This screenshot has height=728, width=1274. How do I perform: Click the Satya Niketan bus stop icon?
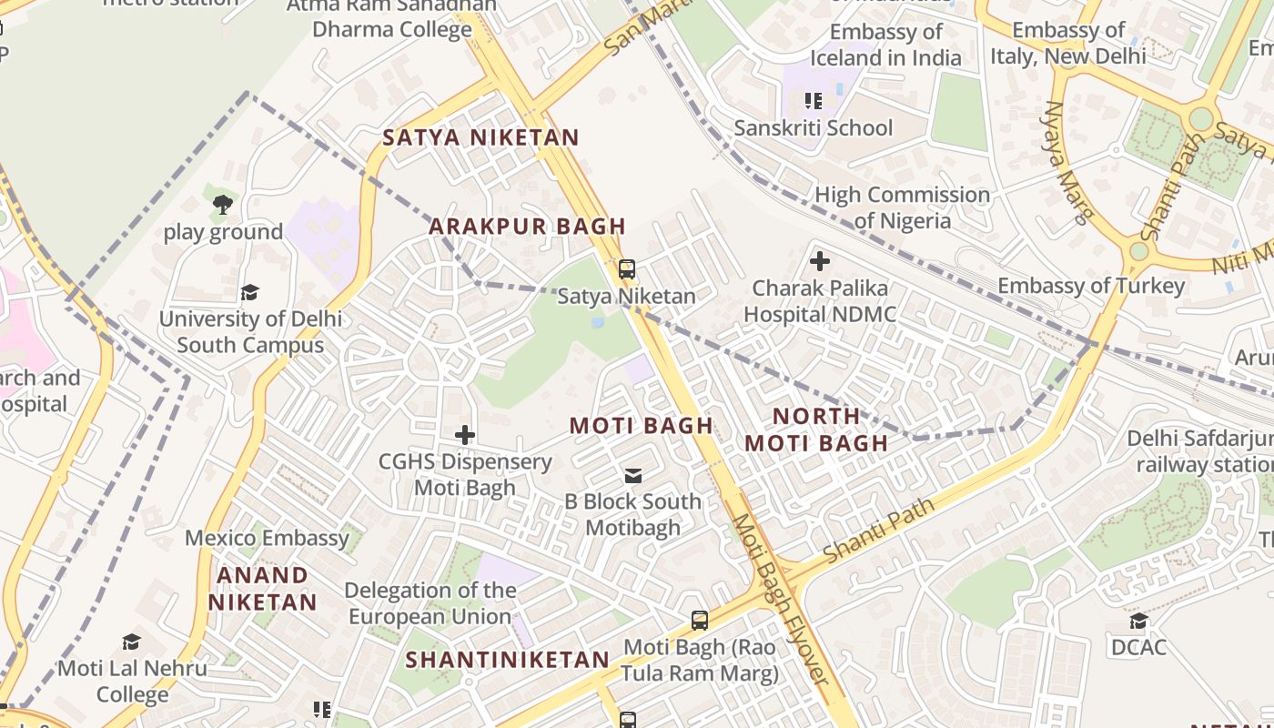(626, 269)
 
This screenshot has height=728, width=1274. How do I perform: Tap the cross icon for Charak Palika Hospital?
(819, 262)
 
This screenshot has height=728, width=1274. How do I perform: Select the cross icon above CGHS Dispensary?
(465, 435)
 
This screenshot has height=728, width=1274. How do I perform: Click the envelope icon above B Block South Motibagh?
(632, 475)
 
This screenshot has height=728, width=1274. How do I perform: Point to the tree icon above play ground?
(223, 205)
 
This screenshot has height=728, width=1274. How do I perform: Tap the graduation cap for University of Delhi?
(249, 292)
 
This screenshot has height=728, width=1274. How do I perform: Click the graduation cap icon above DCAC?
(1138, 621)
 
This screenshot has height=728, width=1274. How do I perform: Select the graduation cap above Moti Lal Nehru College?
(132, 642)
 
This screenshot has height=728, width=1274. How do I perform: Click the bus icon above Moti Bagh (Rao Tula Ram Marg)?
(699, 621)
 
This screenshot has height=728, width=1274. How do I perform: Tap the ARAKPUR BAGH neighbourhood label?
(527, 226)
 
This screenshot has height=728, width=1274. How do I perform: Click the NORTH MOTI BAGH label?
(816, 430)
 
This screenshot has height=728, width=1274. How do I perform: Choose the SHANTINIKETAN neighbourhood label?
(507, 660)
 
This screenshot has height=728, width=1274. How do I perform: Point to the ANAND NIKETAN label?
(262, 589)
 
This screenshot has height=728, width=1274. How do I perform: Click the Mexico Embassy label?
(267, 538)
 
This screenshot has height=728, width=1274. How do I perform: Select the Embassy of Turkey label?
(1091, 286)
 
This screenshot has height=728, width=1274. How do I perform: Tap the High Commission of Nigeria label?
(902, 207)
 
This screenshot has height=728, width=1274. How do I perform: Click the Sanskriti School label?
(813, 127)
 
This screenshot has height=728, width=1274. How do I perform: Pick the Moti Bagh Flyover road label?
(781, 601)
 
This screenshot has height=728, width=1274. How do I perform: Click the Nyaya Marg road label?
(1066, 162)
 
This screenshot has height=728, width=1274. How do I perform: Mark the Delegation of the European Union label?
(430, 603)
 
